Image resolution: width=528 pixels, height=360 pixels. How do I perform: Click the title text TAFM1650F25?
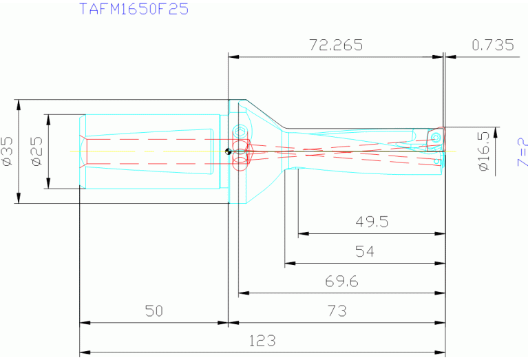click(x=134, y=10)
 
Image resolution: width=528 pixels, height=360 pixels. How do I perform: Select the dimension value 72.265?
click(x=336, y=45)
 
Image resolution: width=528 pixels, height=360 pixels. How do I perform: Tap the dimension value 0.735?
click(x=492, y=45)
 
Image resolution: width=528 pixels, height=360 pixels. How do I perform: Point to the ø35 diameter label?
click(x=8, y=151)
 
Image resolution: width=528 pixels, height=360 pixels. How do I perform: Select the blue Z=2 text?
click(x=522, y=152)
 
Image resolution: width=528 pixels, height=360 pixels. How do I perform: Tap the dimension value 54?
click(x=365, y=252)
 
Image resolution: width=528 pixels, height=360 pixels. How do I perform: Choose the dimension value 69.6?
click(x=341, y=282)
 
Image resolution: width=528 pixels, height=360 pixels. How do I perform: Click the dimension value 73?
click(x=336, y=311)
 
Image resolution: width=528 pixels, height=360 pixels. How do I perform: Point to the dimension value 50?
click(x=154, y=311)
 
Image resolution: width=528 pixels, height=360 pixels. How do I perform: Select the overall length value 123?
click(x=262, y=341)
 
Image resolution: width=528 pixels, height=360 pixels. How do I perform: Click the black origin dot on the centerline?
click(x=229, y=151)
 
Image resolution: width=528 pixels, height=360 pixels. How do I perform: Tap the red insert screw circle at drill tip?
click(x=436, y=138)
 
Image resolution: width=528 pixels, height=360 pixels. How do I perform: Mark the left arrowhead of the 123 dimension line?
click(x=85, y=352)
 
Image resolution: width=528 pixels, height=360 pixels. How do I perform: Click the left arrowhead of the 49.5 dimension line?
click(x=302, y=233)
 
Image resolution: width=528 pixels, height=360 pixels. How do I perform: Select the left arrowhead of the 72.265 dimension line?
click(x=233, y=56)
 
